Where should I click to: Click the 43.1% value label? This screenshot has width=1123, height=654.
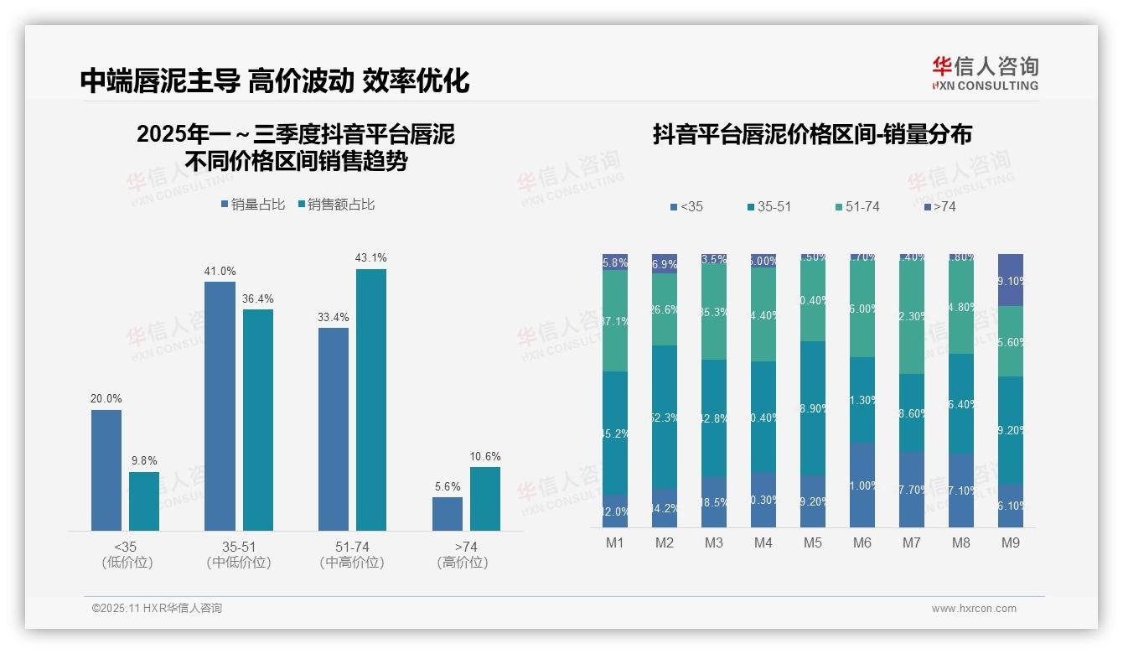[x=370, y=258]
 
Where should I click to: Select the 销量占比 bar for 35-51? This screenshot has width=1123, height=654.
[x=220, y=406]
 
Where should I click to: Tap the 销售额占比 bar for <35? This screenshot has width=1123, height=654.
[x=143, y=501]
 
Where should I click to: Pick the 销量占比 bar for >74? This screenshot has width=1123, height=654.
[x=448, y=513]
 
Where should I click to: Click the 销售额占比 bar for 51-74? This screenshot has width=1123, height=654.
[x=370, y=399]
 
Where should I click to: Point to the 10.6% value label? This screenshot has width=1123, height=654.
[x=484, y=457]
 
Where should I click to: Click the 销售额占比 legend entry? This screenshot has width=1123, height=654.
[x=336, y=205]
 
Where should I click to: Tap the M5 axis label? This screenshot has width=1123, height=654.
[x=813, y=543]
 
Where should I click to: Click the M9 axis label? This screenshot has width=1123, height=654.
[x=1011, y=543]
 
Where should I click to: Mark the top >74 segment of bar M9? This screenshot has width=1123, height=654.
[x=1011, y=280]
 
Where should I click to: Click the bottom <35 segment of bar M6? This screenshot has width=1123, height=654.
[x=862, y=485]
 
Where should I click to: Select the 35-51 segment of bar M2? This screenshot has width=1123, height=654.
[x=665, y=417]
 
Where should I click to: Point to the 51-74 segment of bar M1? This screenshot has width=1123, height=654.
[x=615, y=320]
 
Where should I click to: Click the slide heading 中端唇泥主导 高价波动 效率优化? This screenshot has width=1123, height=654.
[x=275, y=80]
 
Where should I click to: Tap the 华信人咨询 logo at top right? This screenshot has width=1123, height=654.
[x=985, y=73]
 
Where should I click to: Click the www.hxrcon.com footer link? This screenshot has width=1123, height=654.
[x=974, y=609]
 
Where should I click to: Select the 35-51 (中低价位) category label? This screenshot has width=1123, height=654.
[x=238, y=555]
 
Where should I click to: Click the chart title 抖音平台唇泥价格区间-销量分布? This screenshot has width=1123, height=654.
[x=812, y=135]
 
